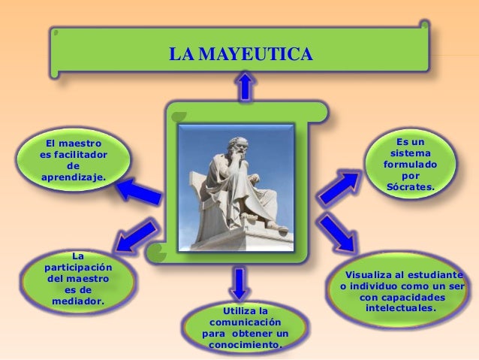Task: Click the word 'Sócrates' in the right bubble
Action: [410, 186]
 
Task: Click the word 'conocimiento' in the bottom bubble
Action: [245, 345]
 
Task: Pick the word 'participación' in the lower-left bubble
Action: [78, 267]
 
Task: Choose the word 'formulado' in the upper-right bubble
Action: [410, 164]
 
